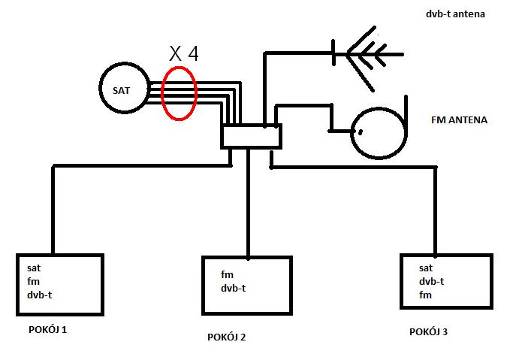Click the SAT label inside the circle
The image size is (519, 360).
[121, 90]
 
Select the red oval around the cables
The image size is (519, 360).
[161, 93]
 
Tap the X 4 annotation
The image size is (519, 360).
[184, 53]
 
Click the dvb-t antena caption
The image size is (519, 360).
[455, 14]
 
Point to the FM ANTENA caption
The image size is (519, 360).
[460, 120]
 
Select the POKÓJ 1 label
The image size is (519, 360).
[47, 329]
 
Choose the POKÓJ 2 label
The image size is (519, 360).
[226, 337]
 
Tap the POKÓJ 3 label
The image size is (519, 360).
[428, 331]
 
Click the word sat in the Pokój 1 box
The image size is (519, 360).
[34, 268]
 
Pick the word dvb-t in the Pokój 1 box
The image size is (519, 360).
[39, 295]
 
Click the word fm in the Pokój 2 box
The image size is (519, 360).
[227, 274]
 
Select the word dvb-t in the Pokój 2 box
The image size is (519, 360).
[234, 288]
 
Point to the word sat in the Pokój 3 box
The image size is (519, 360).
[426, 268]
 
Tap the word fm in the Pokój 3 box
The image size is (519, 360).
[425, 295]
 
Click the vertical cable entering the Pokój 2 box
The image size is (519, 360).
[249, 203]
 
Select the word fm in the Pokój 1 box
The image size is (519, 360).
[34, 282]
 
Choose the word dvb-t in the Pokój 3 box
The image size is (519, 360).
[432, 282]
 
